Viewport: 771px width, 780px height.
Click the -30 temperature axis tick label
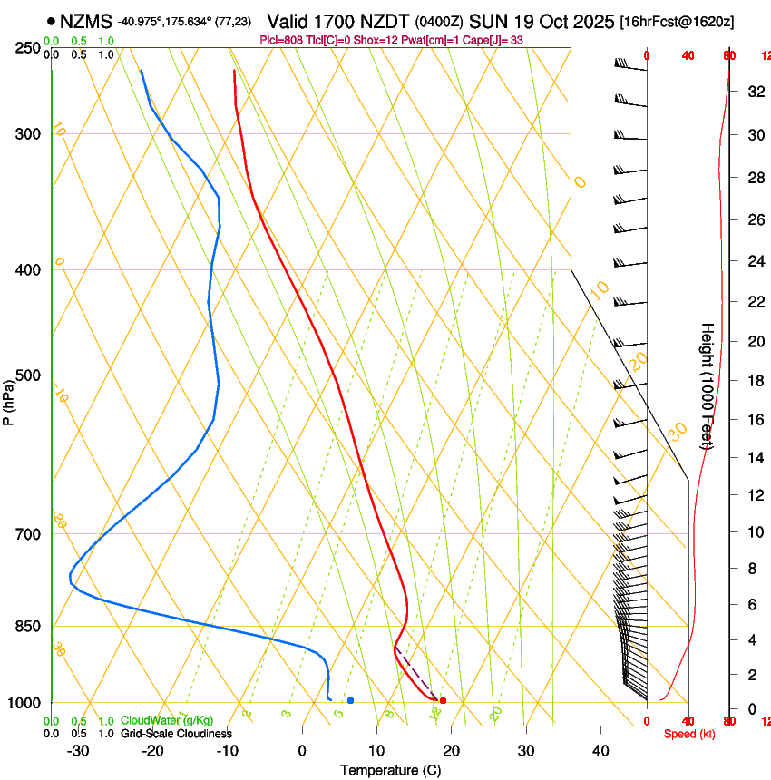pos(78,751)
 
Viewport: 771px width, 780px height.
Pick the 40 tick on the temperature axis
pos(600,751)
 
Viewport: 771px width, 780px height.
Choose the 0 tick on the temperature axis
pos(302,751)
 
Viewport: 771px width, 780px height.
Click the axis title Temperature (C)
pos(390,770)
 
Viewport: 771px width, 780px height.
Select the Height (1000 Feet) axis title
pos(708,385)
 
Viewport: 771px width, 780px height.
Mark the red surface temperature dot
pos(443,700)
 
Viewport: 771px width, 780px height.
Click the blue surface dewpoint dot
pos(350,700)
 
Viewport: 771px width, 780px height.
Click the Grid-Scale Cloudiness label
pos(176,734)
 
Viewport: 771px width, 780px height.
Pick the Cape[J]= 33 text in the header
pos(497,40)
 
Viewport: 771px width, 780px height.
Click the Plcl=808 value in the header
pos(281,40)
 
